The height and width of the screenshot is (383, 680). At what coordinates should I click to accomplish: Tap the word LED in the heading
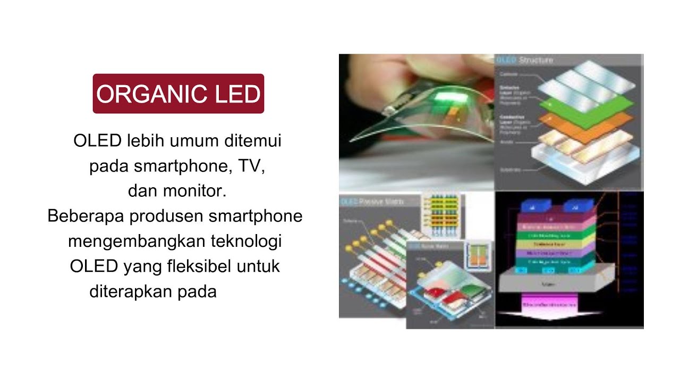[237, 94]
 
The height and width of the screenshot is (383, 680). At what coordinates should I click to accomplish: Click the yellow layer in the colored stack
[556, 245]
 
